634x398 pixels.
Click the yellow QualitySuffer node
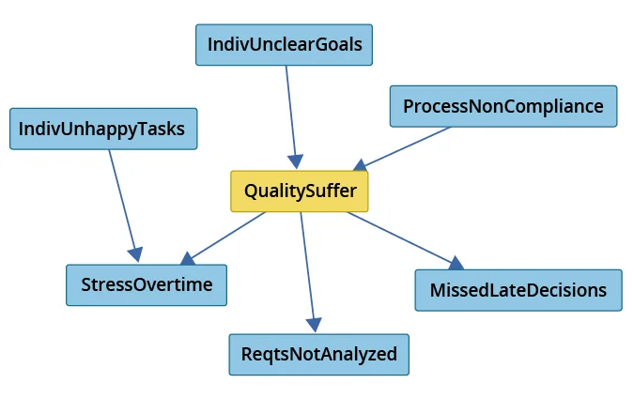[x=300, y=191]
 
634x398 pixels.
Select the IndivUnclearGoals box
[x=284, y=44]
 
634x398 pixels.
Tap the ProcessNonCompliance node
[x=503, y=106]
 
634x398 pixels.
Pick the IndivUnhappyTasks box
[x=103, y=129]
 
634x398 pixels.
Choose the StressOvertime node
[x=146, y=284]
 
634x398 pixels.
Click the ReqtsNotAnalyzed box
[x=318, y=354]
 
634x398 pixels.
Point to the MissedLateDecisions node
[x=518, y=290]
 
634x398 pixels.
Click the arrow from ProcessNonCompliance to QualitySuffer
[x=404, y=146]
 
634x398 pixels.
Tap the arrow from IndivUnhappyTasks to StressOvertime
[x=123, y=202]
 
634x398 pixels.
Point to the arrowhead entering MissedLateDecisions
[x=456, y=264]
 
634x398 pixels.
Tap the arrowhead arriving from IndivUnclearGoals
[x=297, y=161]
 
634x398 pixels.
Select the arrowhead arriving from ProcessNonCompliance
[x=362, y=164]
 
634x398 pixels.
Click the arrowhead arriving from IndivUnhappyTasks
[x=137, y=254]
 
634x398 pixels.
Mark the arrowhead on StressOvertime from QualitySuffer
[x=188, y=258]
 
